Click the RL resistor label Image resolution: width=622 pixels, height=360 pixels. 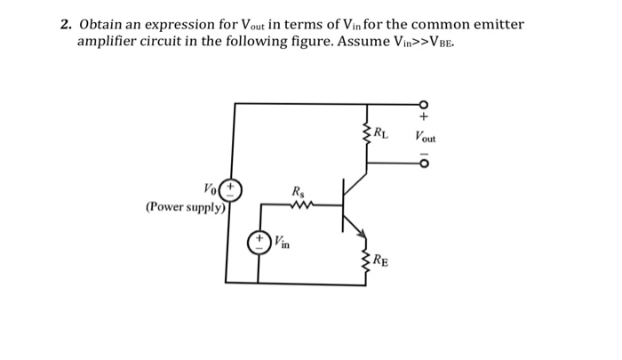380,135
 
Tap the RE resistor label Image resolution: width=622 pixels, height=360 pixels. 379,260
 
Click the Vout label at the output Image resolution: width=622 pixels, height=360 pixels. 425,138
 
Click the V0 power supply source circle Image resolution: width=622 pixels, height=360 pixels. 231,189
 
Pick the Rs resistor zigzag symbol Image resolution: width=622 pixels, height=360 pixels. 299,205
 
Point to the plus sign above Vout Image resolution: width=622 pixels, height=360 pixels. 424,116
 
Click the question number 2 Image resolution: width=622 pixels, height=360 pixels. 65,24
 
